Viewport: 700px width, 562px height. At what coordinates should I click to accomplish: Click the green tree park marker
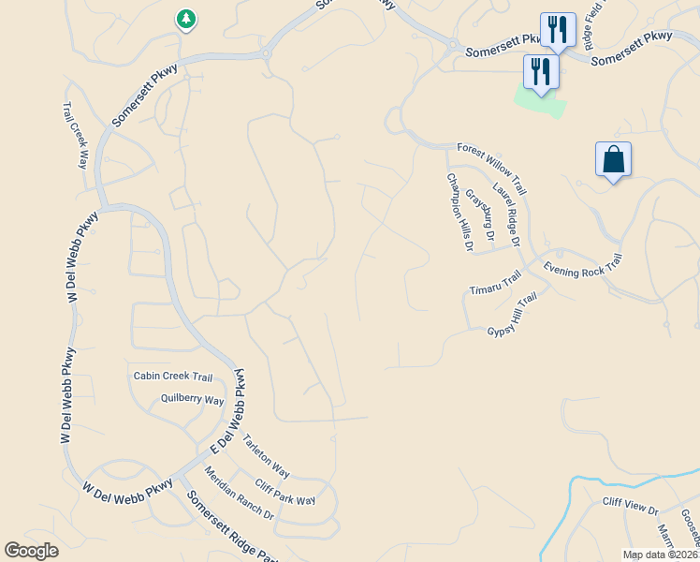click(x=186, y=19)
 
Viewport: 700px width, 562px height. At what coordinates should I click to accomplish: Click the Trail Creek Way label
click(x=76, y=135)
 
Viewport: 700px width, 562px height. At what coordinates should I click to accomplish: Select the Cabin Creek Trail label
click(x=173, y=377)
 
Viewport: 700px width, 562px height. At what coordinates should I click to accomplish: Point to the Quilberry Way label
click(x=192, y=400)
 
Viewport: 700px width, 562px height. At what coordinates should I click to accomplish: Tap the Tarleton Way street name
click(x=267, y=456)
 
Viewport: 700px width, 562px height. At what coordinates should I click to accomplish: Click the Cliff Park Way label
click(x=285, y=493)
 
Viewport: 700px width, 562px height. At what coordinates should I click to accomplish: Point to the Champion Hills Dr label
click(x=457, y=213)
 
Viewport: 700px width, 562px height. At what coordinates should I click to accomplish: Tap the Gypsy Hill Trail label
click(x=512, y=315)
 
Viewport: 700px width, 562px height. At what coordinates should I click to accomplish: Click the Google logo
click(x=31, y=551)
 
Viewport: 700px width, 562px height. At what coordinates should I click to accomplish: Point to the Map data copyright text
click(x=661, y=555)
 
